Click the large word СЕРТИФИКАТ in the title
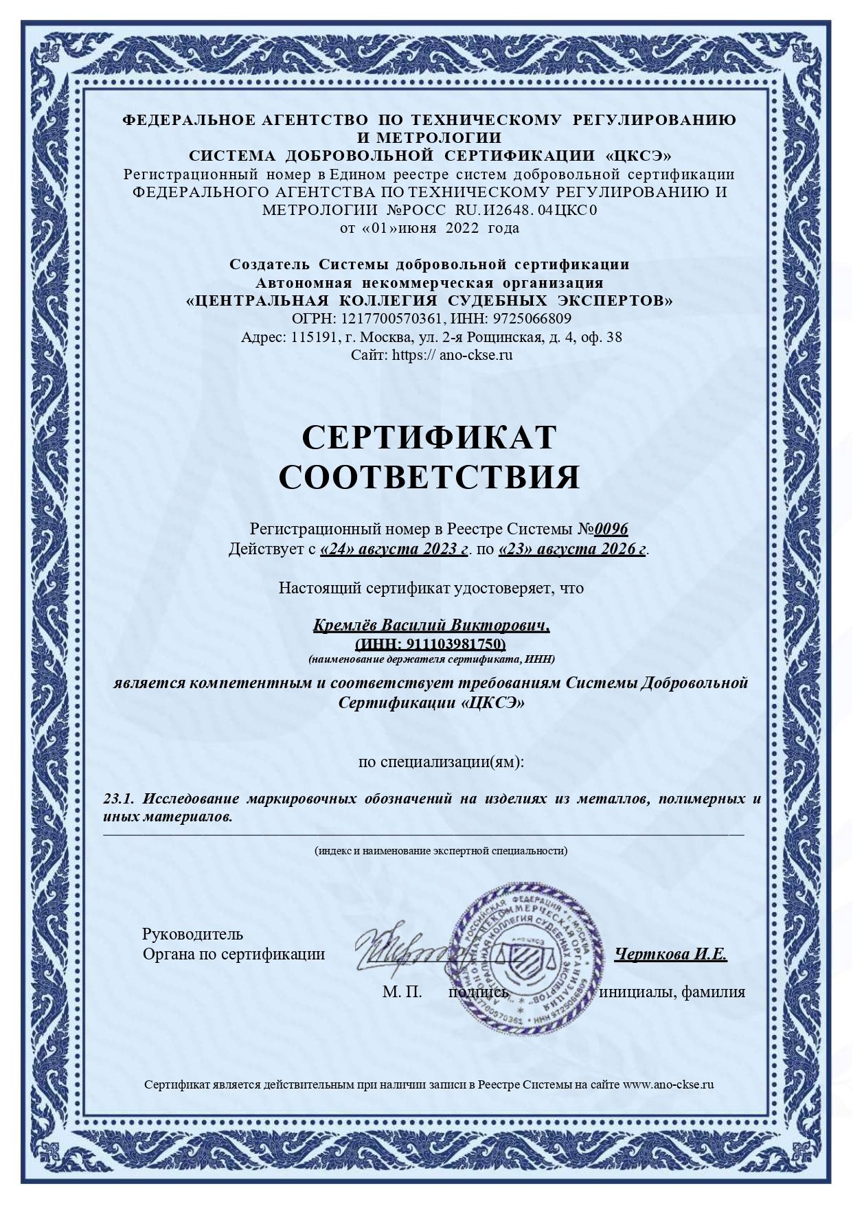[x=429, y=437]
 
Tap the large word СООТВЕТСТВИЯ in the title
[x=429, y=477]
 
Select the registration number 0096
[x=611, y=529]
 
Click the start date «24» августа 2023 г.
[x=394, y=549]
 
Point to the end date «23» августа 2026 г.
[x=572, y=549]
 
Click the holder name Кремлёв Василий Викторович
[x=431, y=626]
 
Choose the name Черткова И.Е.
[x=670, y=954]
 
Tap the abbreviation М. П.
[x=402, y=992]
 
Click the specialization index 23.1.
[x=117, y=799]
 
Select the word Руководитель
[x=192, y=934]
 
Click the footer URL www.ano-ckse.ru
[x=668, y=1084]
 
